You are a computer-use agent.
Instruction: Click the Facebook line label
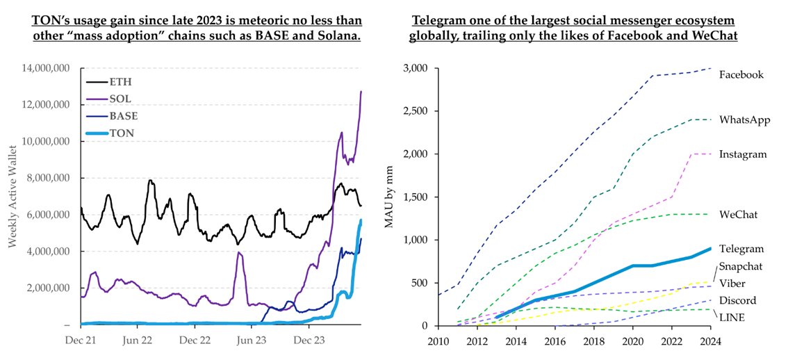(741, 74)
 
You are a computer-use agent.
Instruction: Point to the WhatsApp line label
(744, 120)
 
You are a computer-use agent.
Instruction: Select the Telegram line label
(741, 249)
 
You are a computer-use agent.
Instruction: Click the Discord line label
(737, 300)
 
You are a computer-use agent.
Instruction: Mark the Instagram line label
(743, 154)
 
